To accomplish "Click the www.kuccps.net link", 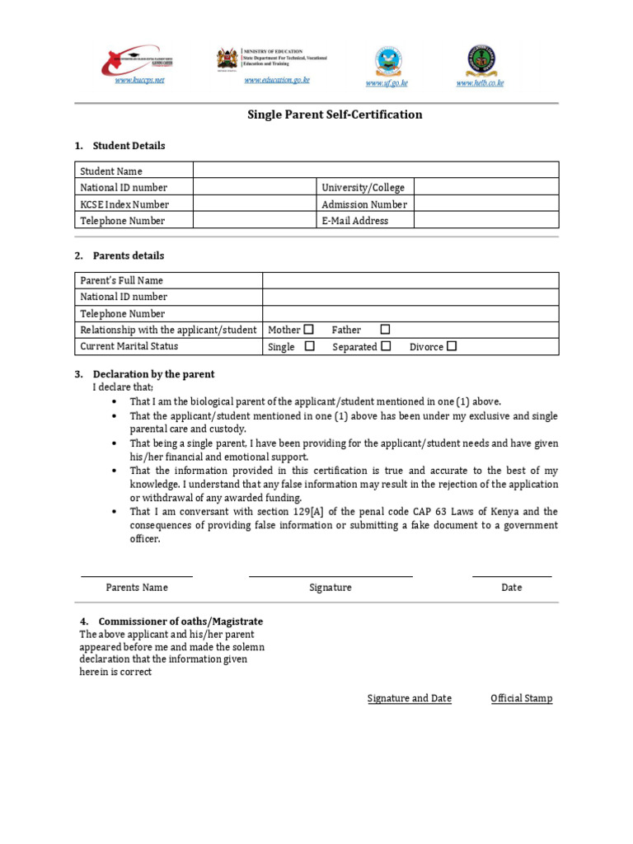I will (x=139, y=80).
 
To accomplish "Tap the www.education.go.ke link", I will (x=276, y=80).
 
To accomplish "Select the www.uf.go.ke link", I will (x=387, y=83).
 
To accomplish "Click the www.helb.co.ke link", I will (x=480, y=83).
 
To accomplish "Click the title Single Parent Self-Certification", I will (x=335, y=115).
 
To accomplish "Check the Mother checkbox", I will (x=308, y=330).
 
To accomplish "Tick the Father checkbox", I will (x=385, y=330).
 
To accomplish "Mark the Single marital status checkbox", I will (x=309, y=346).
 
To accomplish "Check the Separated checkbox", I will (x=386, y=346).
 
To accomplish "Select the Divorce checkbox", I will (x=451, y=346).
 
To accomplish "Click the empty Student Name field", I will (x=375, y=171).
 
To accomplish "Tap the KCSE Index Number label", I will (x=124, y=204).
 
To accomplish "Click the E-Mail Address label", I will (x=354, y=221).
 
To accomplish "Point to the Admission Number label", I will (x=363, y=204).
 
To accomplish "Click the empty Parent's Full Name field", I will (x=410, y=280).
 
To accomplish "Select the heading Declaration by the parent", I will (x=153, y=374).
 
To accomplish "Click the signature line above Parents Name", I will (x=136, y=576).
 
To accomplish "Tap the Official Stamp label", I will (x=521, y=698).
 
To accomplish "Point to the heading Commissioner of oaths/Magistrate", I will (x=181, y=621).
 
